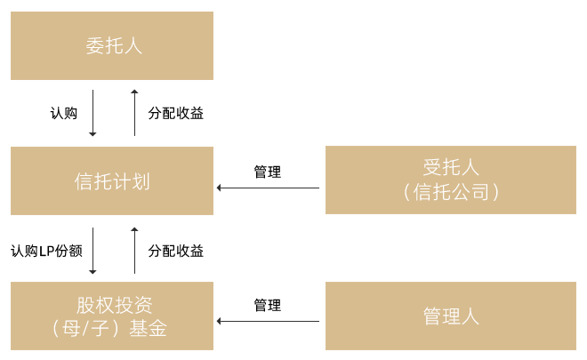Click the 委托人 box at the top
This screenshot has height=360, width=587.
click(112, 46)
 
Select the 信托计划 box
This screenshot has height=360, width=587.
click(112, 181)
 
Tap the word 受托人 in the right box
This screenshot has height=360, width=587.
click(450, 167)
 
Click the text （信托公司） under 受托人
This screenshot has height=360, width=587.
click(450, 192)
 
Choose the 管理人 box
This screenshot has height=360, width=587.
click(450, 316)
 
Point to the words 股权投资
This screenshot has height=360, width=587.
click(112, 304)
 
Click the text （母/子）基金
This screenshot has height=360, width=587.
click(112, 329)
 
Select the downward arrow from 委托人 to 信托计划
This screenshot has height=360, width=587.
click(92, 112)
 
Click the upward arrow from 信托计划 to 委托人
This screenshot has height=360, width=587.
click(134, 112)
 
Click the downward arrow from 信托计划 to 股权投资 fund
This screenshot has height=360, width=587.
click(92, 250)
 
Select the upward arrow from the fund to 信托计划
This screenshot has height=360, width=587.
click(134, 250)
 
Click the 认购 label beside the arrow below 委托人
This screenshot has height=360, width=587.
click(64, 113)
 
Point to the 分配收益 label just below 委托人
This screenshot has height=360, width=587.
click(175, 113)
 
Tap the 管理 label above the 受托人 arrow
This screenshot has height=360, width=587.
click(267, 172)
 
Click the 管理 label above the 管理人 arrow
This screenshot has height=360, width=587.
click(267, 305)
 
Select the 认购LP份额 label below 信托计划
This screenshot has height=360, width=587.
click(46, 251)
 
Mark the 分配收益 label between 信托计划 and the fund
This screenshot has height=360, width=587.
click(175, 251)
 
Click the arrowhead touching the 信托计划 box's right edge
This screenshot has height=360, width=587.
click(219, 188)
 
